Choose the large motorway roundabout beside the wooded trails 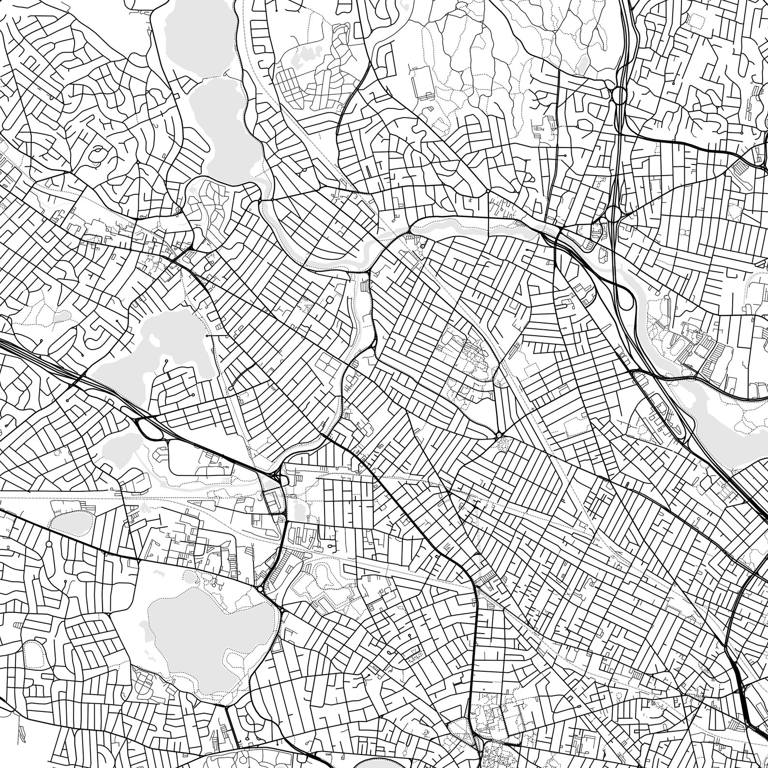point(618,94)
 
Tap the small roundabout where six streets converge point(498,435)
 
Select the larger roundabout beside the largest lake point(261,589)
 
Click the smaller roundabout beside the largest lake point(282,612)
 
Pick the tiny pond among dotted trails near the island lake point(63,317)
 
